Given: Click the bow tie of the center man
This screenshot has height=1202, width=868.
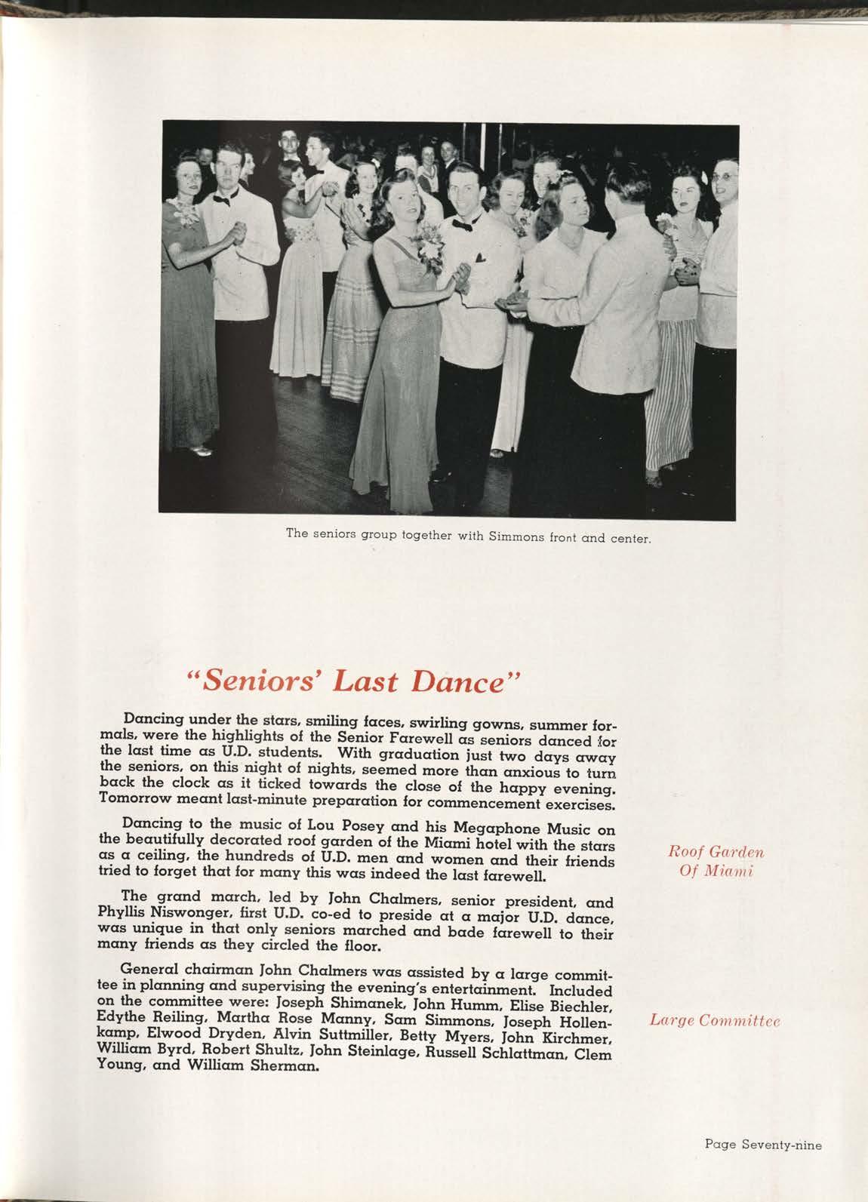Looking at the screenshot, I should pyautogui.click(x=462, y=224).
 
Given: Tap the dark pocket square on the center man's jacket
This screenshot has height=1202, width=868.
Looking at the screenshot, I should pyautogui.click(x=480, y=258).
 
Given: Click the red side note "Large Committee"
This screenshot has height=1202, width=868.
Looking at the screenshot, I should pyautogui.click(x=713, y=1021).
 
